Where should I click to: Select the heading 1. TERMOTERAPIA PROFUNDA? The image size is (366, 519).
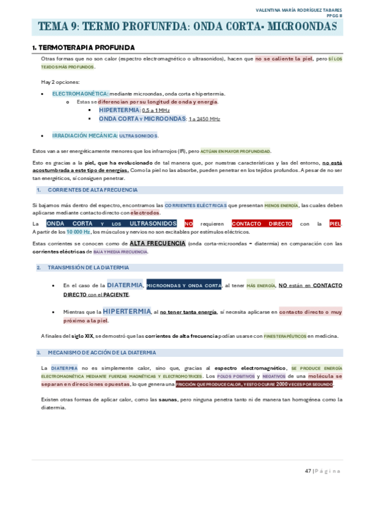pyautogui.click(x=83, y=47)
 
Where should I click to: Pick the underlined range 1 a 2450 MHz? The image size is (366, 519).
pyautogui.click(x=204, y=119)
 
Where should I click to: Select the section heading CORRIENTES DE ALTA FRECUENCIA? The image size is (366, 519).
pyautogui.click(x=92, y=190)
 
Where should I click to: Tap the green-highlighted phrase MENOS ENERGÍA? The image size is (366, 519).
pyautogui.click(x=281, y=205)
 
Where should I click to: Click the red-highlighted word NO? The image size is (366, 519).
pyautogui.click(x=189, y=224)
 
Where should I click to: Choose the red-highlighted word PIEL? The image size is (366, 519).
pyautogui.click(x=335, y=224)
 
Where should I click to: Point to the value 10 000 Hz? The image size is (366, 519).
pyautogui.click(x=78, y=232)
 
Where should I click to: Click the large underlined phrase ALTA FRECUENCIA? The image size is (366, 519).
pyautogui.click(x=157, y=243)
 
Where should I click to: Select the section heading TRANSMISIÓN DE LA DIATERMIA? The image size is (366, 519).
pyautogui.click(x=88, y=267)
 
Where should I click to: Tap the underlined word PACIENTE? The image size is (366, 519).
pyautogui.click(x=116, y=294)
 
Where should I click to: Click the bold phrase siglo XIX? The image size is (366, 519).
pyautogui.click(x=81, y=336)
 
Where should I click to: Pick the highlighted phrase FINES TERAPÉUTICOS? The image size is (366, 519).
pyautogui.click(x=285, y=336)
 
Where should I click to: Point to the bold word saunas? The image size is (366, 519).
pyautogui.click(x=167, y=399)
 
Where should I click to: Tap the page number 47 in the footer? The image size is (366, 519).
pyautogui.click(x=308, y=471)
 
